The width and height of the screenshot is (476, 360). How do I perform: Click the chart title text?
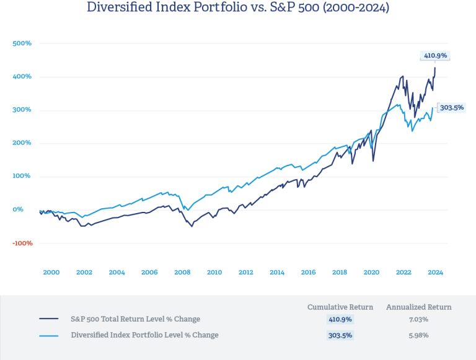coord(238,8)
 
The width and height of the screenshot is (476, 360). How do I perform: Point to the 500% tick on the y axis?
coord(22,43)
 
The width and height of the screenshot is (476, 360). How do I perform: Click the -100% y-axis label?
coord(22,243)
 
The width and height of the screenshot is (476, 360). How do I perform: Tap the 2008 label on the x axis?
coord(182,272)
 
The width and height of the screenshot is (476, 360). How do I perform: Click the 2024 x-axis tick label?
coord(435,272)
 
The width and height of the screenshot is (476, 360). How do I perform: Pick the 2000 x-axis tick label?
coord(51,272)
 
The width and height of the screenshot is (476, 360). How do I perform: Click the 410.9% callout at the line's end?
coord(435,56)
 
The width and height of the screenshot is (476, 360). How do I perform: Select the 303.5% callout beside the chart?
coord(451,107)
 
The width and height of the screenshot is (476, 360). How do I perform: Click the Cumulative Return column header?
coord(340,307)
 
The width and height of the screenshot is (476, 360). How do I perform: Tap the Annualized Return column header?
coord(419,307)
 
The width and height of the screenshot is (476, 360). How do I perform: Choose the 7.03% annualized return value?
coord(419,320)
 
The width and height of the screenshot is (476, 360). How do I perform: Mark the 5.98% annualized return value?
coord(419,335)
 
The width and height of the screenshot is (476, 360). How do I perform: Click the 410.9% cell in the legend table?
coord(340,320)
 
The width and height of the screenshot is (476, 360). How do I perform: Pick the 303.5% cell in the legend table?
coord(340,335)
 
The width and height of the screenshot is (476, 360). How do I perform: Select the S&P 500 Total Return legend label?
coord(136,320)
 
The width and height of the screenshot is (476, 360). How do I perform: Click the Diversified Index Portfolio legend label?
coord(144,335)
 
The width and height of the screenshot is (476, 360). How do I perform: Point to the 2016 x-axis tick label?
coord(309,272)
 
